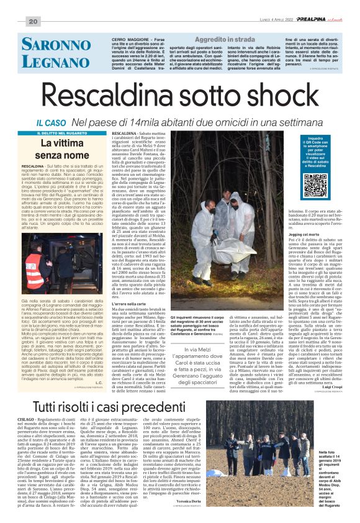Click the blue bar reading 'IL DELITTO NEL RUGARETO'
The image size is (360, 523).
click(x=71, y=134)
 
